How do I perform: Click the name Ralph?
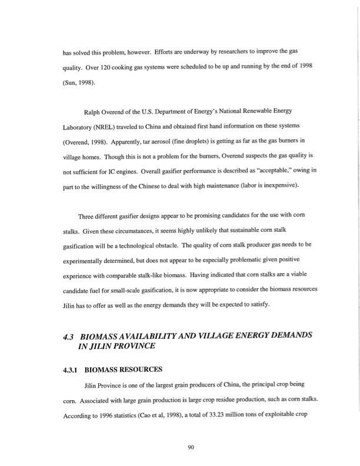(96, 111)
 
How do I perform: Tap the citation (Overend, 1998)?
(87, 142)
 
